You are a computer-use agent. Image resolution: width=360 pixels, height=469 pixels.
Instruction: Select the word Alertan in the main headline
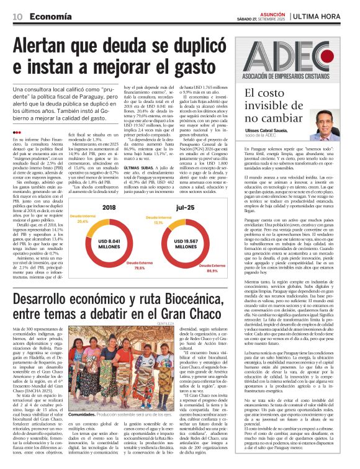[46, 47]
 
